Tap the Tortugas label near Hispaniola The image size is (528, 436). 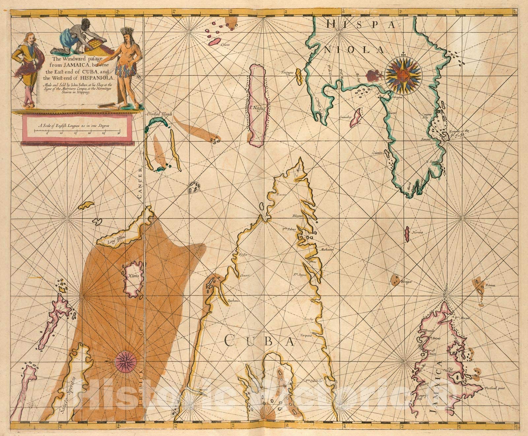(287, 73)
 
